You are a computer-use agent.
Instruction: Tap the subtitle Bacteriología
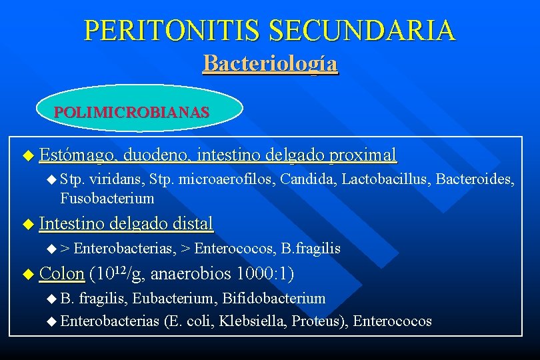(x=270, y=63)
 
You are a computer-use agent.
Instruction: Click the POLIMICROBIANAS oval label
(x=131, y=112)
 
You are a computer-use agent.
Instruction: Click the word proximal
(x=363, y=155)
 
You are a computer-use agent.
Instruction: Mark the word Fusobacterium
(x=107, y=198)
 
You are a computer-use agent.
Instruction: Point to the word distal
(x=191, y=223)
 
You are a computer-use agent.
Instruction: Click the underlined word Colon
(x=61, y=273)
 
